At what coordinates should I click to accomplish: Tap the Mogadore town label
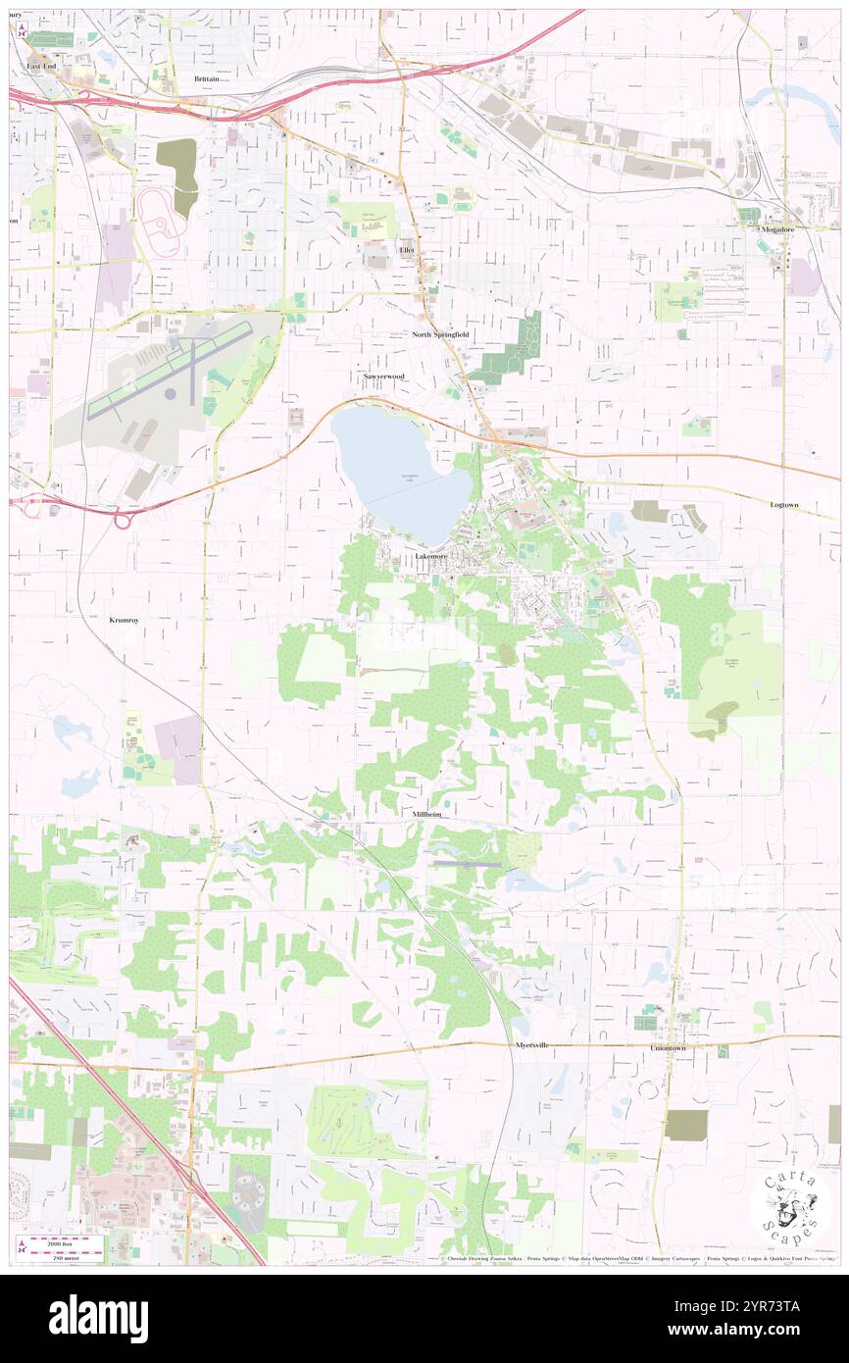click(x=781, y=229)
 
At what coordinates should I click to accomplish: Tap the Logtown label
click(x=784, y=504)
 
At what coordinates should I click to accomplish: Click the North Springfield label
click(x=439, y=334)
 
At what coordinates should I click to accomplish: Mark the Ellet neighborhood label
click(x=407, y=250)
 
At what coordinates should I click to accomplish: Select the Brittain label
click(x=207, y=78)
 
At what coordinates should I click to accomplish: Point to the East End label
click(x=41, y=66)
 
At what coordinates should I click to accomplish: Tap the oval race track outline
click(x=160, y=221)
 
